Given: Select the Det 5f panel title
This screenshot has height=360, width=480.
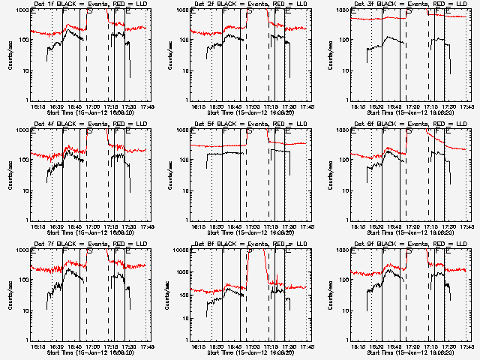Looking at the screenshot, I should (x=244, y=124).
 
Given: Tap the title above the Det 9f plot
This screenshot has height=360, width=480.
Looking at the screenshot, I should (x=403, y=244).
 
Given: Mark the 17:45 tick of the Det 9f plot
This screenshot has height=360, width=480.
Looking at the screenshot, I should (x=466, y=347).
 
